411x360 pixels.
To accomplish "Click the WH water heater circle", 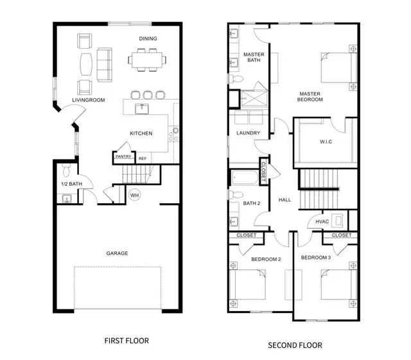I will [x=134, y=195].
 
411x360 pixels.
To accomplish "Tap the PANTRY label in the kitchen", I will [x=123, y=156].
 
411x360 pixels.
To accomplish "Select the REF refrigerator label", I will [x=142, y=158].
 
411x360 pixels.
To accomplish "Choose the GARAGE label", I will [x=117, y=253].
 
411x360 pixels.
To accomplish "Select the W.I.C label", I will [x=326, y=142].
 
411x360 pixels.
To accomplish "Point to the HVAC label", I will [x=322, y=222].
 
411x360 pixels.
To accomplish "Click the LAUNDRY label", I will [x=248, y=133].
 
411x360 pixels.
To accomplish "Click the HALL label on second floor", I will [x=284, y=200].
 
